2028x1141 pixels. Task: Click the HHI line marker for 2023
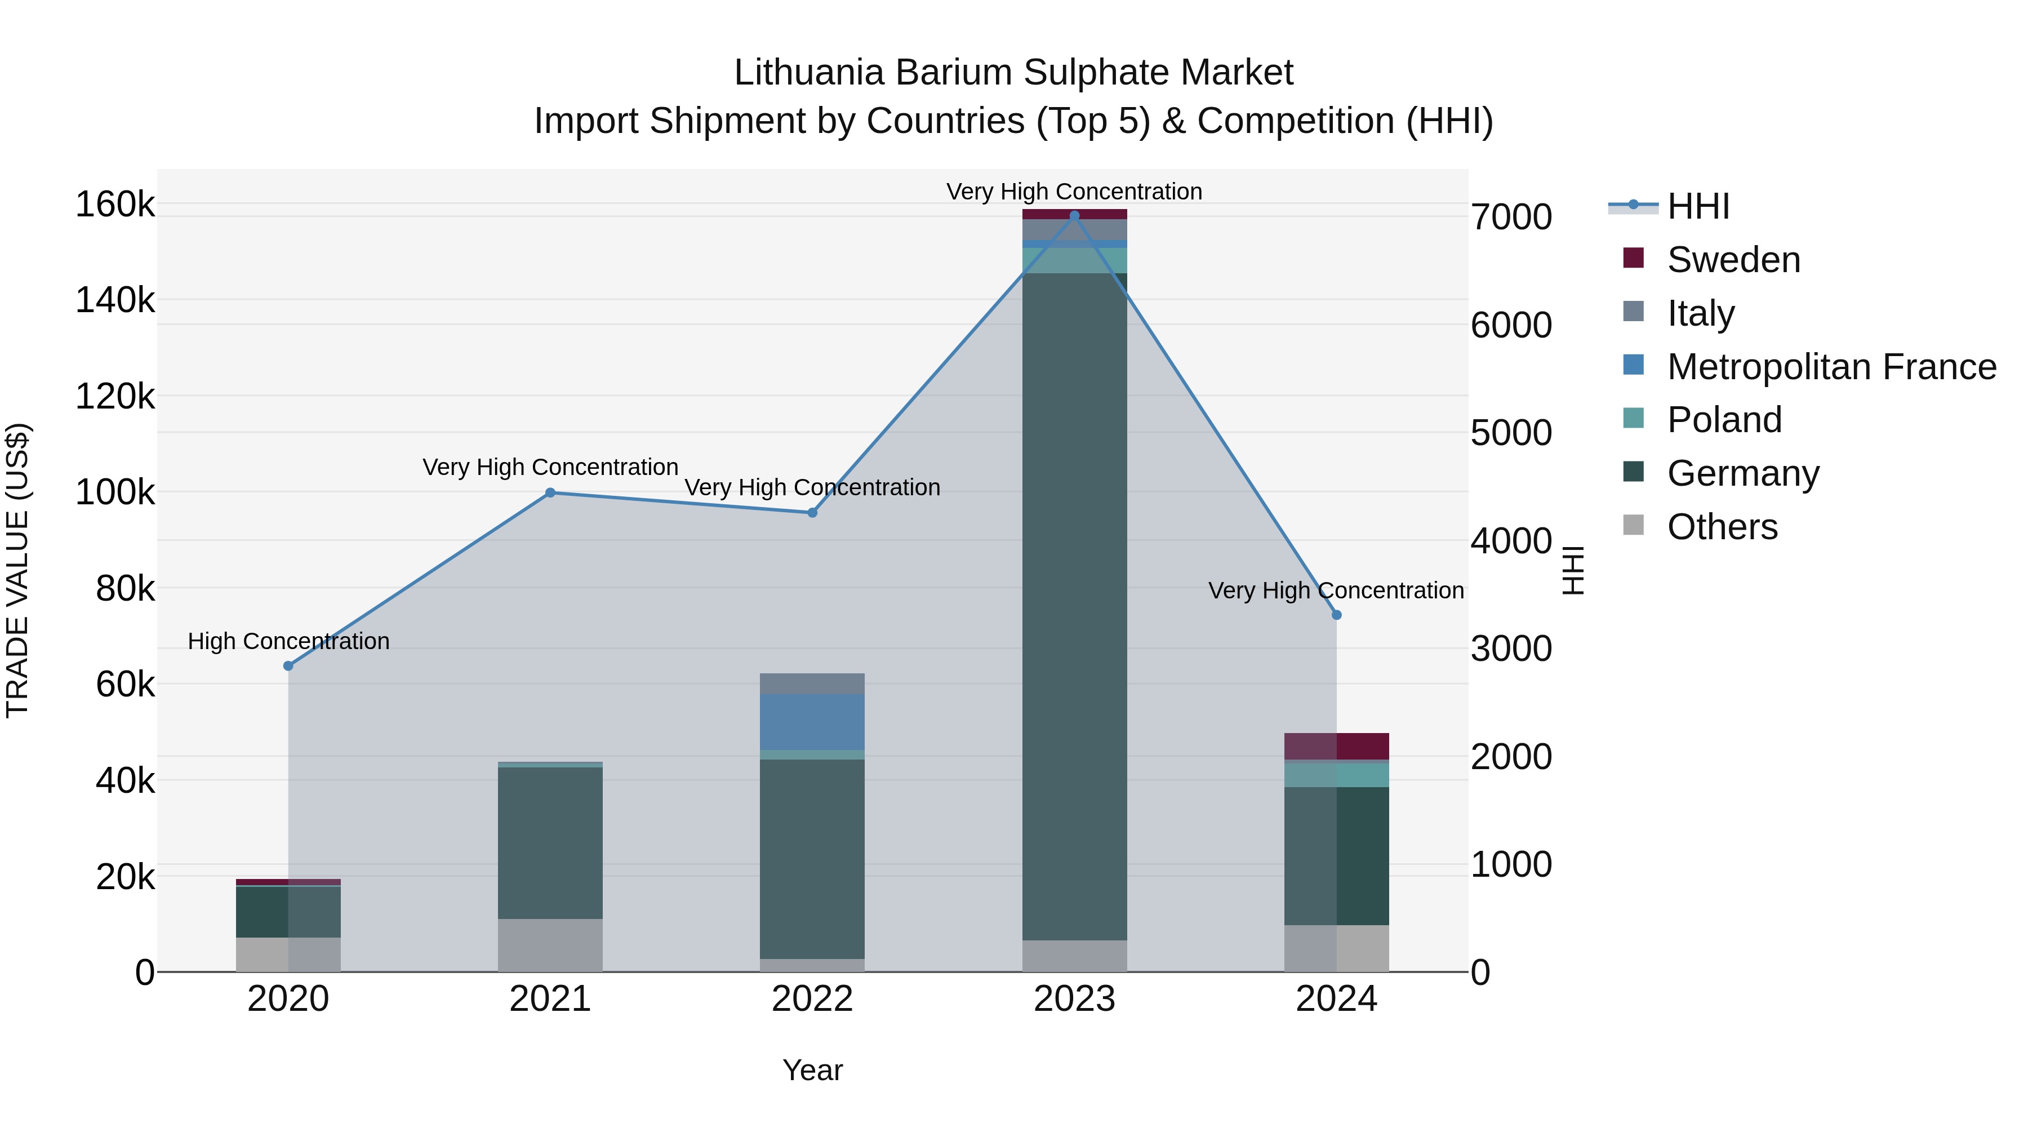coord(1075,216)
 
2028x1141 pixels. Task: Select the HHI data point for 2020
coord(288,666)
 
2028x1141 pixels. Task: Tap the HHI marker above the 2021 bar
coord(550,493)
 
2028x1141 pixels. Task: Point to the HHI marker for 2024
coord(1337,615)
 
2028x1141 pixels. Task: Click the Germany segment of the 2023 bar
coord(1075,606)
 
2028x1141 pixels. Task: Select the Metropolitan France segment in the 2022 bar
coord(812,722)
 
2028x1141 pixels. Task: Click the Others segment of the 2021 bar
coord(550,945)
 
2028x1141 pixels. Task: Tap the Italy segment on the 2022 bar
coord(812,683)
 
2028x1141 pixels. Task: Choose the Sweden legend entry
coord(1733,260)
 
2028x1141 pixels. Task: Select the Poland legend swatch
coord(1634,418)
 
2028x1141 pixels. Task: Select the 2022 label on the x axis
coord(812,999)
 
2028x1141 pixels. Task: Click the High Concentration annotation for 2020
coord(288,641)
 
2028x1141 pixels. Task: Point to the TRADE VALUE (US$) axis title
coord(17,570)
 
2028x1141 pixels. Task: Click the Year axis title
coord(812,1070)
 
